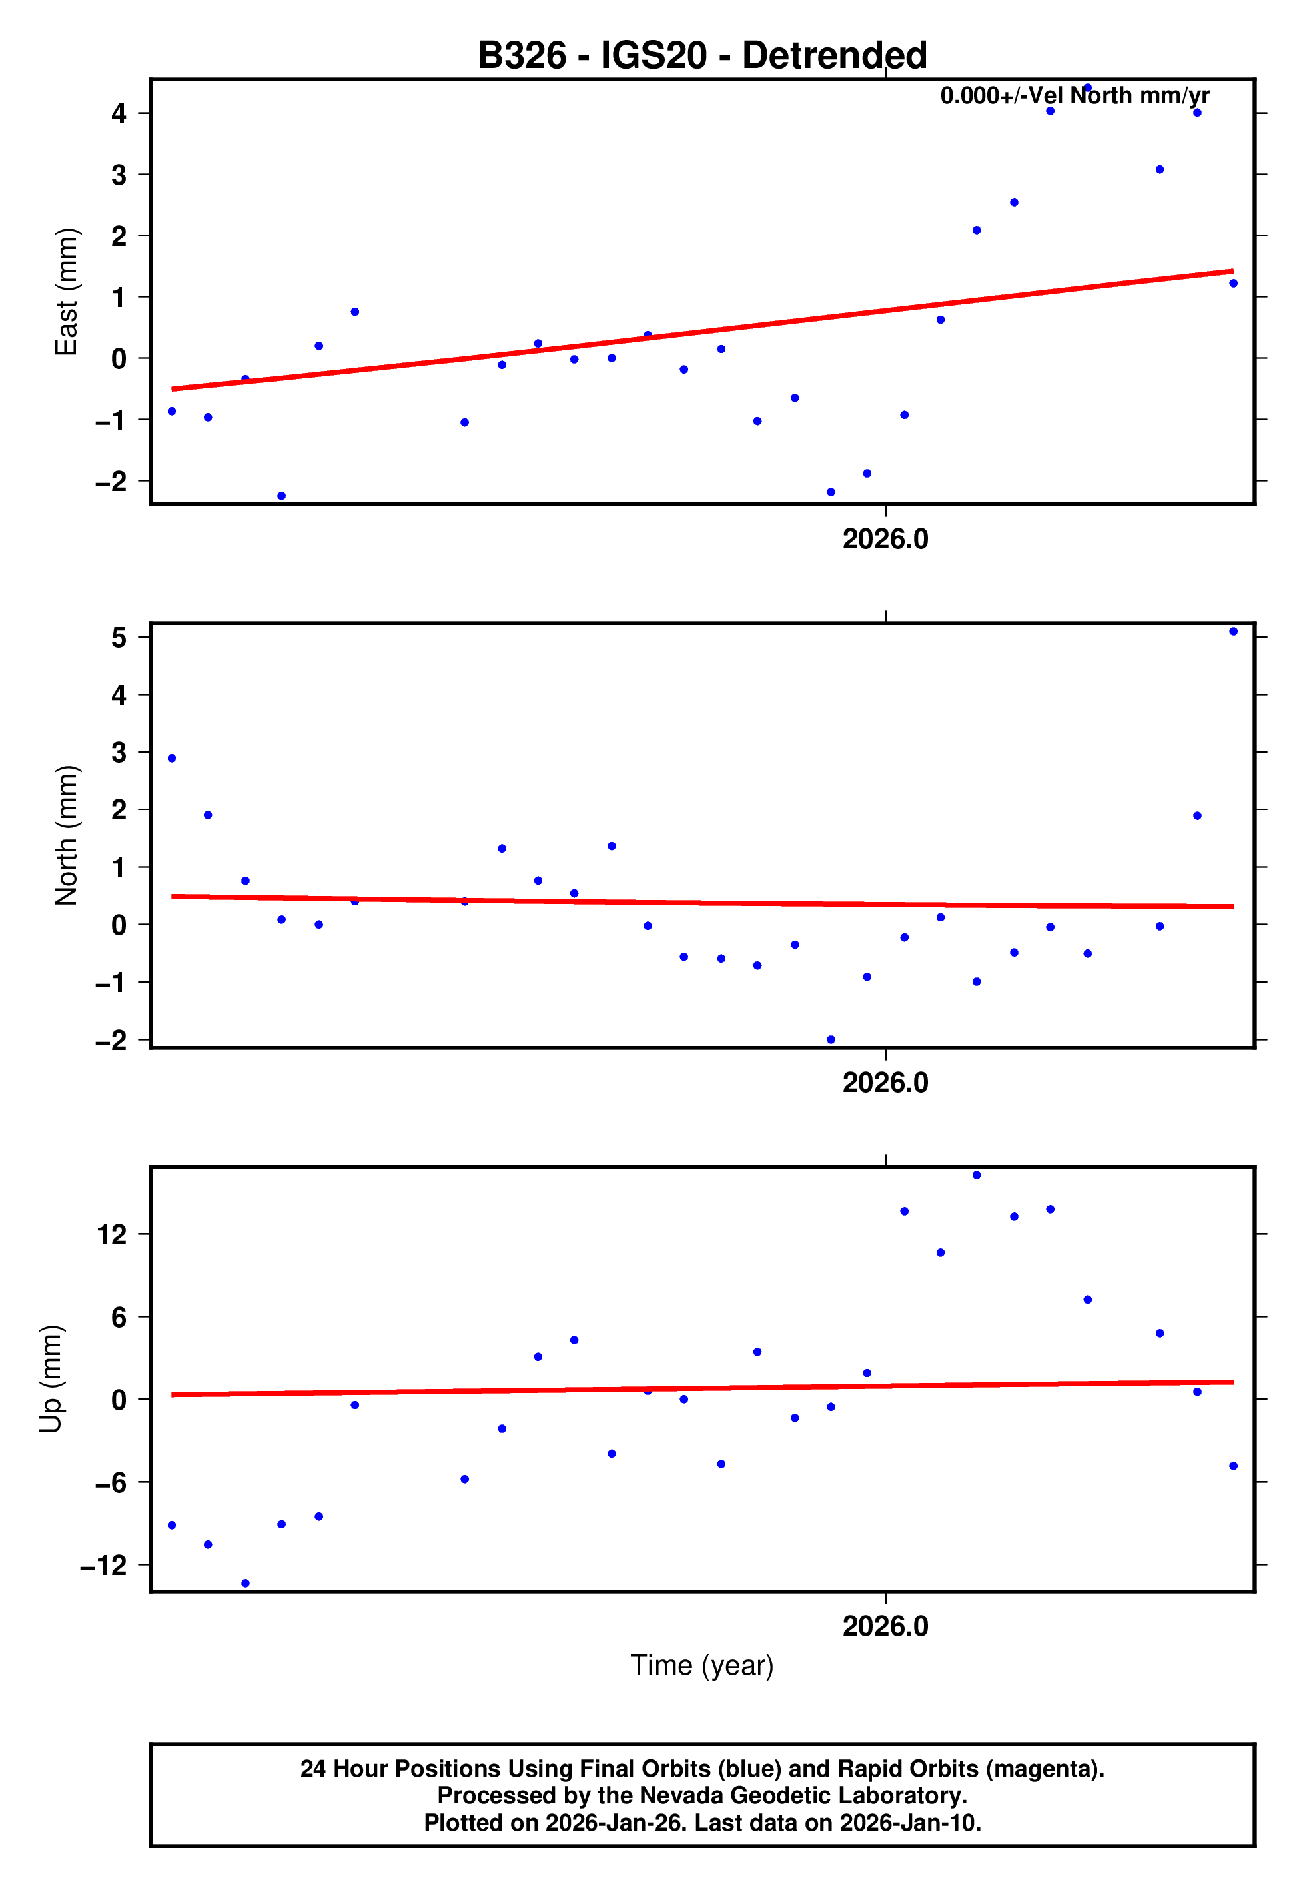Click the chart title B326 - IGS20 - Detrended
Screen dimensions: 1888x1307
(702, 56)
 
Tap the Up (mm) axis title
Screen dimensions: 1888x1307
(51, 1379)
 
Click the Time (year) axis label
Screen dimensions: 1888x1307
(702, 1665)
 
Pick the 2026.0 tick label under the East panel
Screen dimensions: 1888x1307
(885, 540)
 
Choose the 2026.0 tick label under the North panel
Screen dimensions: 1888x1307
(885, 1083)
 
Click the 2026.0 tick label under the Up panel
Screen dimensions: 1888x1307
(885, 1626)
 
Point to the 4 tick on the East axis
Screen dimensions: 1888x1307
(119, 113)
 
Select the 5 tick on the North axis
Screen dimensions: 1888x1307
(119, 637)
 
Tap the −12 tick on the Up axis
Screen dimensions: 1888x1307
(103, 1565)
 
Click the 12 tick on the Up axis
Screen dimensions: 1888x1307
(111, 1234)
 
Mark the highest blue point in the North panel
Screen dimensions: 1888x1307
(1233, 632)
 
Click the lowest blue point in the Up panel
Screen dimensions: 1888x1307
(245, 1584)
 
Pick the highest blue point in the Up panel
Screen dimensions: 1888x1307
(976, 1175)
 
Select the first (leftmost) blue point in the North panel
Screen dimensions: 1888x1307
(172, 758)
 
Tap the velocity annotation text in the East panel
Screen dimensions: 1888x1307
(1075, 96)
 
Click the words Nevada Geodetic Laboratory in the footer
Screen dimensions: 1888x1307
(803, 1795)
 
